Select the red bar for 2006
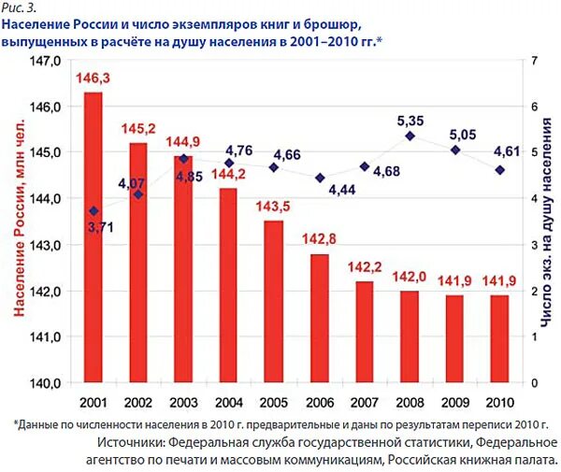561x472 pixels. click(319, 318)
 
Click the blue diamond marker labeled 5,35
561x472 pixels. click(409, 136)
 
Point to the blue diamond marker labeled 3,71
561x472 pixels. click(93, 211)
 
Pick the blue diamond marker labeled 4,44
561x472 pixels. click(319, 178)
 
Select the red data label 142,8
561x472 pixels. click(319, 240)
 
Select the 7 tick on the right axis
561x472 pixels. click(533, 61)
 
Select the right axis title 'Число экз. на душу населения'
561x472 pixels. click(546, 222)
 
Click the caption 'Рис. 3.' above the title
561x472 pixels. click(21, 9)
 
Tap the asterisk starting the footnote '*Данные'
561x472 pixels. click(17, 422)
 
